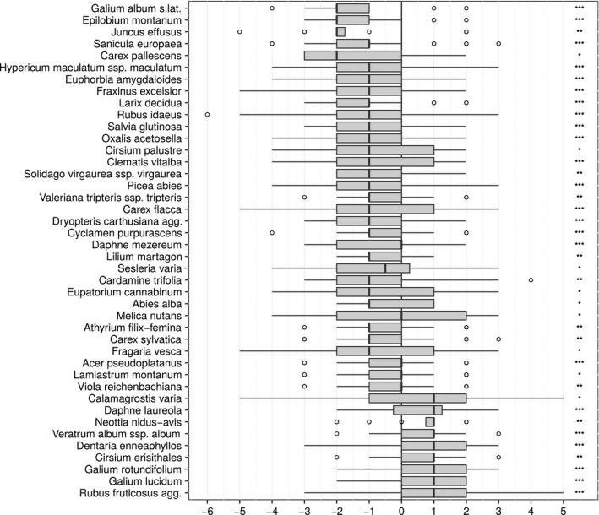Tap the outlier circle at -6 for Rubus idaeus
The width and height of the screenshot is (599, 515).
[207, 114]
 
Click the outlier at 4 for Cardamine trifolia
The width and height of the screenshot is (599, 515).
[531, 279]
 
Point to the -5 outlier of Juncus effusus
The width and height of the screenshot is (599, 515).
[240, 31]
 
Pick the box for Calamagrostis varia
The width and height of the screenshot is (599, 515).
[417, 397]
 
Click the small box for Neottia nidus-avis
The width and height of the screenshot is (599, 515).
[429, 420]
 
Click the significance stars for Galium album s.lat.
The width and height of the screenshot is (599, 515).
[579, 8]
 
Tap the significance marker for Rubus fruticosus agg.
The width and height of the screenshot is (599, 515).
[579, 491]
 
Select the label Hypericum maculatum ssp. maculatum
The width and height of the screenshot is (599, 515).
[91, 67]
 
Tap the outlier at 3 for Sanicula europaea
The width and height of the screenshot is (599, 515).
[498, 43]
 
